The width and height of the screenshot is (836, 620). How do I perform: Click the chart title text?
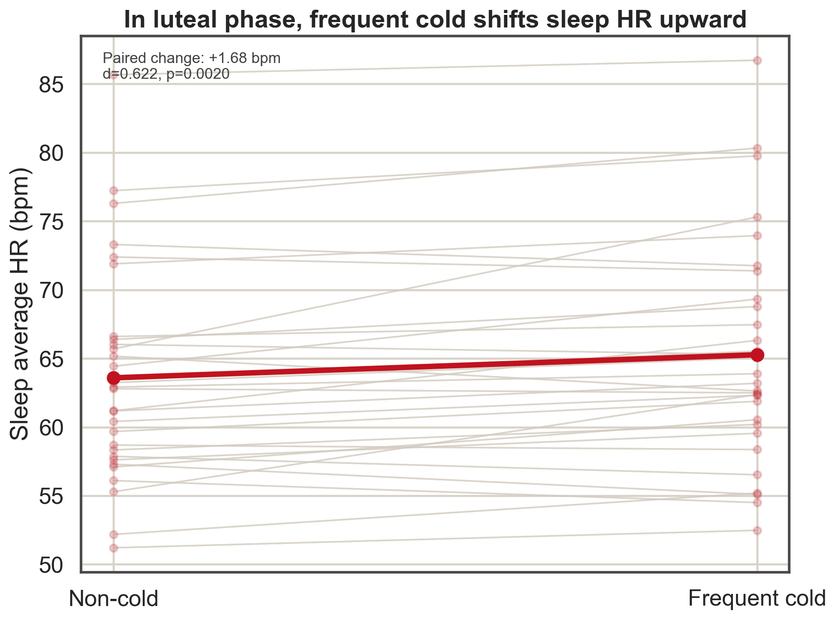[x=435, y=20]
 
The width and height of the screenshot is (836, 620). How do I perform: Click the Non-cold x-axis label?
[x=113, y=599]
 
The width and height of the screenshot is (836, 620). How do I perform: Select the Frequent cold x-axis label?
[x=757, y=599]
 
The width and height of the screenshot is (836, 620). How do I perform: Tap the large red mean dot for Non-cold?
[x=113, y=378]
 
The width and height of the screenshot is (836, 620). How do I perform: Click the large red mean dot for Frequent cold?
[x=757, y=355]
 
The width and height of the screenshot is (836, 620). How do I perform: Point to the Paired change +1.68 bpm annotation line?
[x=192, y=59]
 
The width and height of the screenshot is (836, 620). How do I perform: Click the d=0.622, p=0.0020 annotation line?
[x=166, y=74]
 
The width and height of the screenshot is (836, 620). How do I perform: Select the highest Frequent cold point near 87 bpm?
[x=757, y=60]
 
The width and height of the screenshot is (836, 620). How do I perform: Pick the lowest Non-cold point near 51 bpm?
[x=113, y=548]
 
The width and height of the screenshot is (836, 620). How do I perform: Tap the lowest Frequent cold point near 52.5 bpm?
[x=757, y=530]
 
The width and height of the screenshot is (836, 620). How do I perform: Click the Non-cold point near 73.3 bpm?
[x=113, y=244]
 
